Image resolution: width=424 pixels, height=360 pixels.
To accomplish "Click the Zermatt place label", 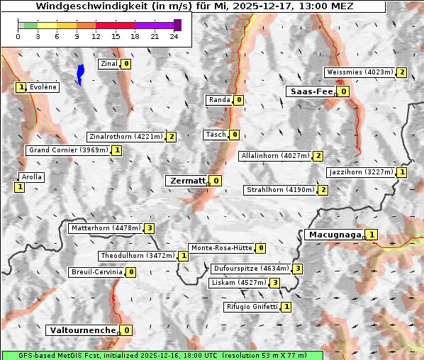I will point(187,181).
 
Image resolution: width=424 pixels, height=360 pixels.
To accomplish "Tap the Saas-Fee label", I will point(310,91).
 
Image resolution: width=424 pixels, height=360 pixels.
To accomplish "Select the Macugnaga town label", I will point(334,235).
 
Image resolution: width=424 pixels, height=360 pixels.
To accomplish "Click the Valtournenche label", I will point(82,330).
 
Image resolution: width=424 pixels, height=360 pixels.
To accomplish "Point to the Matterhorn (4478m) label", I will point(105,228).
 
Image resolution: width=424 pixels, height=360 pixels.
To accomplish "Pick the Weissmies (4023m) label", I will point(359,72).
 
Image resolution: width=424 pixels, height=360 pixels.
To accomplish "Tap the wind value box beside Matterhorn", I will point(149,228).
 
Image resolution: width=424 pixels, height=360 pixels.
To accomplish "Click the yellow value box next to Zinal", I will point(126,64).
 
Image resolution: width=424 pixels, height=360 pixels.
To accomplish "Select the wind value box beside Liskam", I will point(274,283).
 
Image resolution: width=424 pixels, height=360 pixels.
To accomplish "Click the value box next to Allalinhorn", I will point(318,156).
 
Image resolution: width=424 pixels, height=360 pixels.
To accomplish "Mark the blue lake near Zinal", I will point(80,73).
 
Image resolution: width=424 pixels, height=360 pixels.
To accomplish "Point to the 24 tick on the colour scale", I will point(174,36).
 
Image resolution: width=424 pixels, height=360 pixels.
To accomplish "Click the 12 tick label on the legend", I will point(96,36).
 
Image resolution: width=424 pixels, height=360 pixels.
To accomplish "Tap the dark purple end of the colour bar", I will point(177,25).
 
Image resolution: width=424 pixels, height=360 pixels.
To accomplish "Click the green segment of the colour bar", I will point(30,25).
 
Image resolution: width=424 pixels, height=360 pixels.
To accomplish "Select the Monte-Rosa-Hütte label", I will point(221,248).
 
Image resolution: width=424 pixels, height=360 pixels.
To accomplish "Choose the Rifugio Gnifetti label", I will point(252,307).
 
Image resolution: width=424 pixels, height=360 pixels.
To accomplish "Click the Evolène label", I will point(43,87).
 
